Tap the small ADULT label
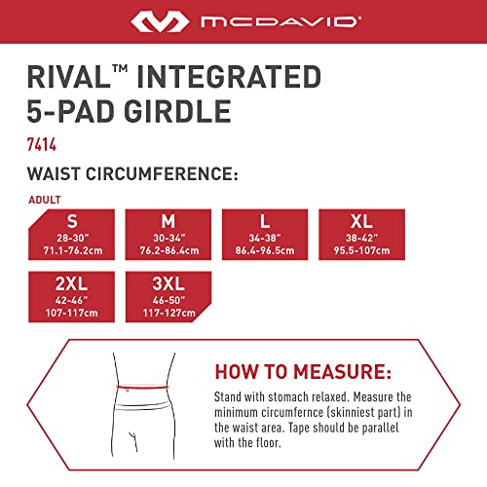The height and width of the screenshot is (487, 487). [42, 200]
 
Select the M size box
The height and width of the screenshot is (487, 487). [168, 234]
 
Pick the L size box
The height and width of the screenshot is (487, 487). [265, 234]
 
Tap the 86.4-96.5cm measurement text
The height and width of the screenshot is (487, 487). [265, 250]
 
